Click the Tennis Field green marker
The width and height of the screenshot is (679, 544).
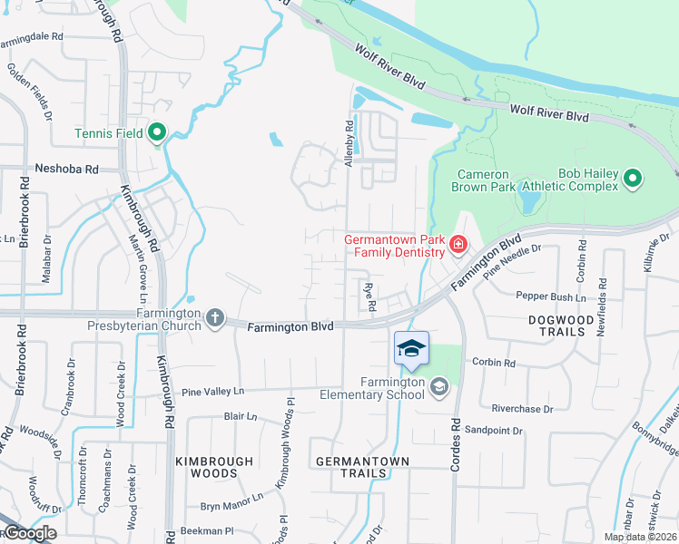tap(156, 135)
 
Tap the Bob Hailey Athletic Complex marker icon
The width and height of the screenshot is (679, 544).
tap(634, 179)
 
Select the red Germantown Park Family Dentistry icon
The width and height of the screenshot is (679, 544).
tap(458, 244)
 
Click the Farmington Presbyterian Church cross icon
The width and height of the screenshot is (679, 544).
tap(214, 317)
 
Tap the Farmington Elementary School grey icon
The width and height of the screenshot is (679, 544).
tap(439, 388)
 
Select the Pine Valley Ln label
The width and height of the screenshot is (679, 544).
tap(214, 392)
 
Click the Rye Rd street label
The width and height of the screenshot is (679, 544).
tap(369, 297)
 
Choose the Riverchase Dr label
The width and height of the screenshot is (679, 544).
tap(521, 409)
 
